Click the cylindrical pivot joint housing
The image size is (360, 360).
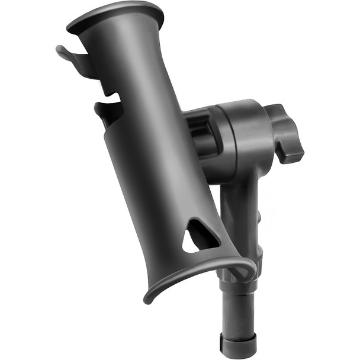tap(240, 139)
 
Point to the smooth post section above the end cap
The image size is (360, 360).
tap(237, 311)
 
